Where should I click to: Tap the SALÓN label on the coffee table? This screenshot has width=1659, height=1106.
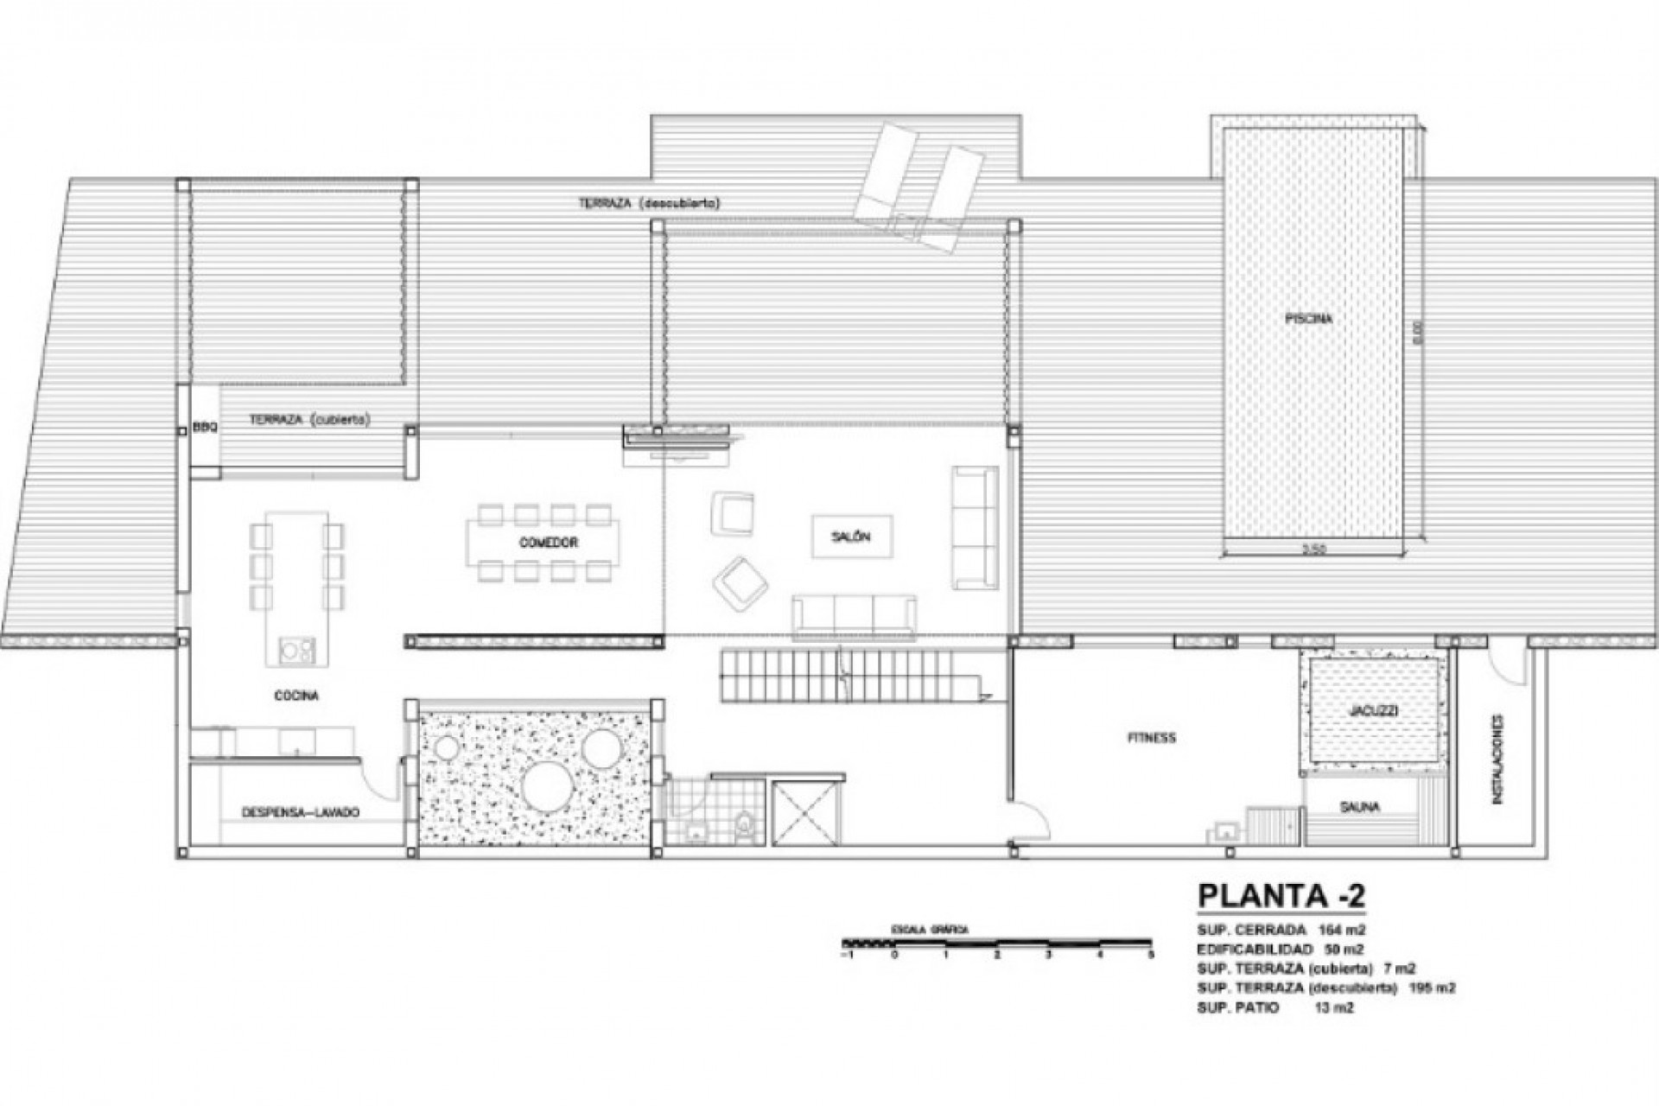(x=852, y=537)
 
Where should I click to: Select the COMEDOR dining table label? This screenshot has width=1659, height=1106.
(x=549, y=543)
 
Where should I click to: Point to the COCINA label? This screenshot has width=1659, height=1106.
(x=297, y=696)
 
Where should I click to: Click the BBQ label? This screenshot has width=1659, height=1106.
(x=205, y=427)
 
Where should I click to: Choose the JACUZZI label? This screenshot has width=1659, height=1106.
(x=1373, y=711)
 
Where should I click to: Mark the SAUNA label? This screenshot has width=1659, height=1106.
(x=1359, y=807)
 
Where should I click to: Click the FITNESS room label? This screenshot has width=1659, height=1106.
(x=1152, y=738)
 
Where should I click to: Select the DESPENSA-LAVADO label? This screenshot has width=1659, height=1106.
(x=300, y=813)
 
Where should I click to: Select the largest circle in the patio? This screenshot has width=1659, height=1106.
(x=548, y=784)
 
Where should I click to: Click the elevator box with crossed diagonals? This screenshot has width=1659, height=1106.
(x=804, y=812)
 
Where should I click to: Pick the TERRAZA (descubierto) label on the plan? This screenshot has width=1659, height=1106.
(x=649, y=203)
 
